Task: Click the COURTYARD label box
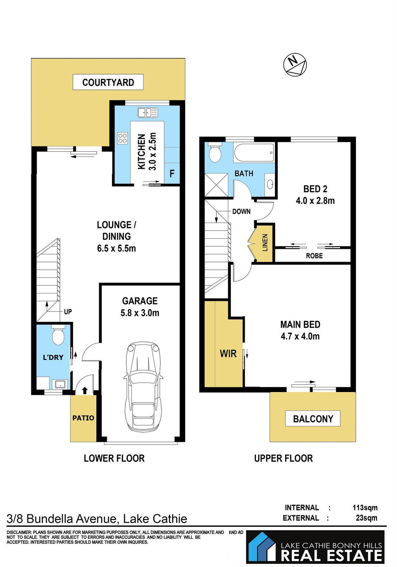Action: point(108,82)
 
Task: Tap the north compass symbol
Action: point(295,65)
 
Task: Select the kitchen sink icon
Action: point(148,112)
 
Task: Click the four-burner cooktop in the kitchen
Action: point(123,138)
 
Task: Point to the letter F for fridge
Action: point(172,174)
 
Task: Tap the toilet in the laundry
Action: point(58,335)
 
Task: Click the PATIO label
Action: point(83,418)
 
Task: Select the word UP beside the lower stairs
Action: point(68,312)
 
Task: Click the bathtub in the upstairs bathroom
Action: point(254,153)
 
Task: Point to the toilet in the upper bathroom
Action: point(215,153)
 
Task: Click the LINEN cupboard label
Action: point(265,243)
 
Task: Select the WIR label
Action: point(228,354)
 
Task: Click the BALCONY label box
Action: point(313,419)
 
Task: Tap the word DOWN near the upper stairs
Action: point(241,211)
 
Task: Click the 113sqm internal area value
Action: point(365,507)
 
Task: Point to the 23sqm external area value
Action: point(366,518)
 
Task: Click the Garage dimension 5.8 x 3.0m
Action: point(140,313)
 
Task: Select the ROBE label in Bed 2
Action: point(314,256)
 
